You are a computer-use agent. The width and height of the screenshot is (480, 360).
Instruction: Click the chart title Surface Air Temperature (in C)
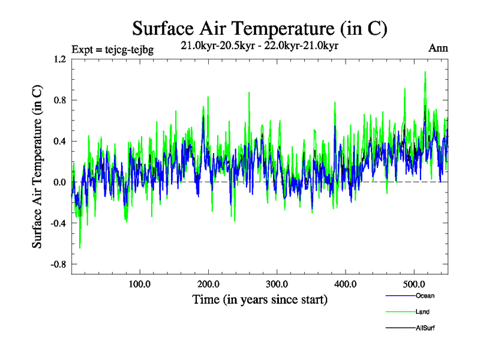(259, 28)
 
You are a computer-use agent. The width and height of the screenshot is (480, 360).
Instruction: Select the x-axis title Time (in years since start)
(259, 299)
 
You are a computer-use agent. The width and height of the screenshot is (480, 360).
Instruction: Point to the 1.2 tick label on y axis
(59, 59)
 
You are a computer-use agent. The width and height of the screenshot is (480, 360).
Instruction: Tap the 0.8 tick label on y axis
(59, 100)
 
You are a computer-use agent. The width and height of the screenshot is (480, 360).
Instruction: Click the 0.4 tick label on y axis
(59, 142)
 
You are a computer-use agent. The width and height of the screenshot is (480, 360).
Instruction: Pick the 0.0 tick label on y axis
(59, 182)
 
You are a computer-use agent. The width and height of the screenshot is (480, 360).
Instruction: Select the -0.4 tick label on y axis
(58, 223)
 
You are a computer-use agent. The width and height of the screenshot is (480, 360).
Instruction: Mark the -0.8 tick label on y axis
(58, 264)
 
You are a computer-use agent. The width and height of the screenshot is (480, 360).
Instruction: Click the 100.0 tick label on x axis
(140, 283)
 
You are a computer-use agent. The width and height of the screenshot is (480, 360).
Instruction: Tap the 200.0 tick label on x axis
(208, 283)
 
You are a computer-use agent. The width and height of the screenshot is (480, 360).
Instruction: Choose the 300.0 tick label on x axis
(277, 283)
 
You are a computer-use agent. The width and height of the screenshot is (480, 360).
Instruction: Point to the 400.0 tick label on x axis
(346, 283)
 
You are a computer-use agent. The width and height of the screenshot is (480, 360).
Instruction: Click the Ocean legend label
(424, 296)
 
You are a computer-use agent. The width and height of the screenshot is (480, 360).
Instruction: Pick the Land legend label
(422, 312)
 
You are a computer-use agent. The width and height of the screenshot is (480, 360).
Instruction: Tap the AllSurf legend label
(425, 328)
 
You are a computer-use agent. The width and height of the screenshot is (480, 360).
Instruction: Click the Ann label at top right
(438, 49)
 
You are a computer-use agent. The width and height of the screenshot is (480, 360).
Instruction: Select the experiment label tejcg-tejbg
(112, 50)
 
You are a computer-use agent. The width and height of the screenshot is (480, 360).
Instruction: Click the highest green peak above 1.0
(425, 73)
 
